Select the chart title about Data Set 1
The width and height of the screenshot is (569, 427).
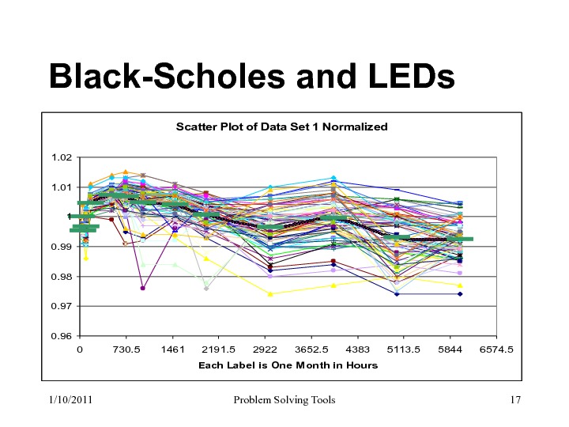[281, 127]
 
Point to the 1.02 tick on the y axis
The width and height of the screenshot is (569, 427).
[61, 158]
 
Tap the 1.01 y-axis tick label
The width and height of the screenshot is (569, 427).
[61, 187]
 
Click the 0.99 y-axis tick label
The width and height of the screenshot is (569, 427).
[61, 247]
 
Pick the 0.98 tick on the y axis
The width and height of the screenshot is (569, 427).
[61, 277]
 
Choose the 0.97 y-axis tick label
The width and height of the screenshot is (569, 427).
[61, 306]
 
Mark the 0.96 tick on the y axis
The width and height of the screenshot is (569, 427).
[61, 336]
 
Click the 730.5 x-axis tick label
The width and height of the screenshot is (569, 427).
[126, 349]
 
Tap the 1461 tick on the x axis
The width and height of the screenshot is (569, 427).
[172, 349]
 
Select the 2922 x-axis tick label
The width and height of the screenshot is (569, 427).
[265, 349]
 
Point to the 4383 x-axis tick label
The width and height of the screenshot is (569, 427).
[358, 349]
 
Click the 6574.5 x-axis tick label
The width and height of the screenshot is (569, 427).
[497, 349]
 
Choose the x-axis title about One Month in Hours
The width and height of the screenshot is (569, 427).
[288, 365]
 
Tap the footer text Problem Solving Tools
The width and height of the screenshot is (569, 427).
[284, 400]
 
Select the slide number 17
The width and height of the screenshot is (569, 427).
[516, 400]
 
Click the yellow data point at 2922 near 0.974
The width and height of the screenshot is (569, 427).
[270, 294]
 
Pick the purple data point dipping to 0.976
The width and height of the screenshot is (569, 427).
[142, 288]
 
